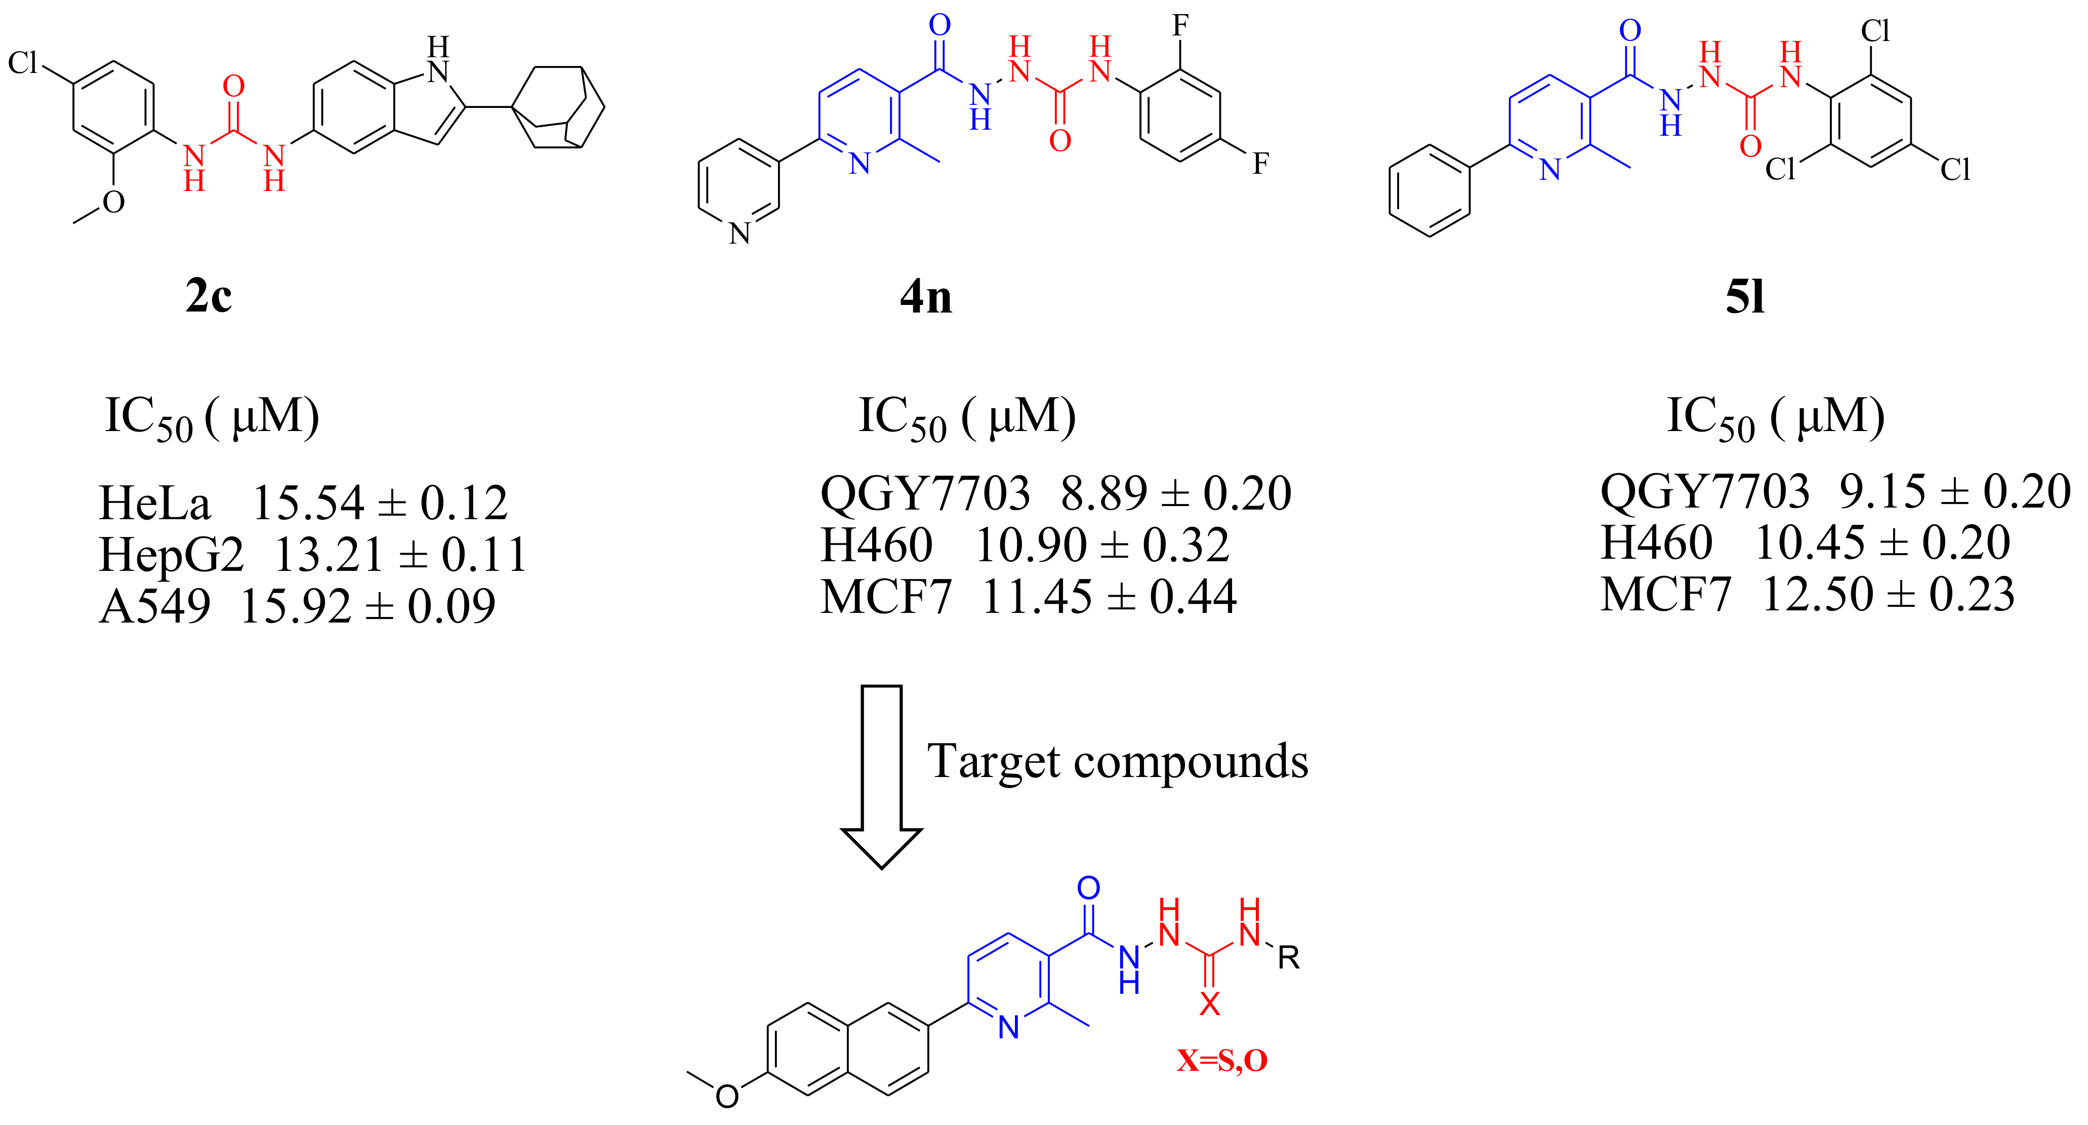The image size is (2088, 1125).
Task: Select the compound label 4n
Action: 926,297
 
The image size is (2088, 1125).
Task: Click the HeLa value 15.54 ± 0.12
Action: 379,503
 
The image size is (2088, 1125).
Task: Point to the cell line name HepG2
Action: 171,555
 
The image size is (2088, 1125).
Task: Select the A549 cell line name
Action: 155,606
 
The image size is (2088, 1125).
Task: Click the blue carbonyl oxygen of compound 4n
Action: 939,25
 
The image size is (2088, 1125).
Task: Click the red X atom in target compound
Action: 1209,1004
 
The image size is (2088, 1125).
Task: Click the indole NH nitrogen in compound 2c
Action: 438,71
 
